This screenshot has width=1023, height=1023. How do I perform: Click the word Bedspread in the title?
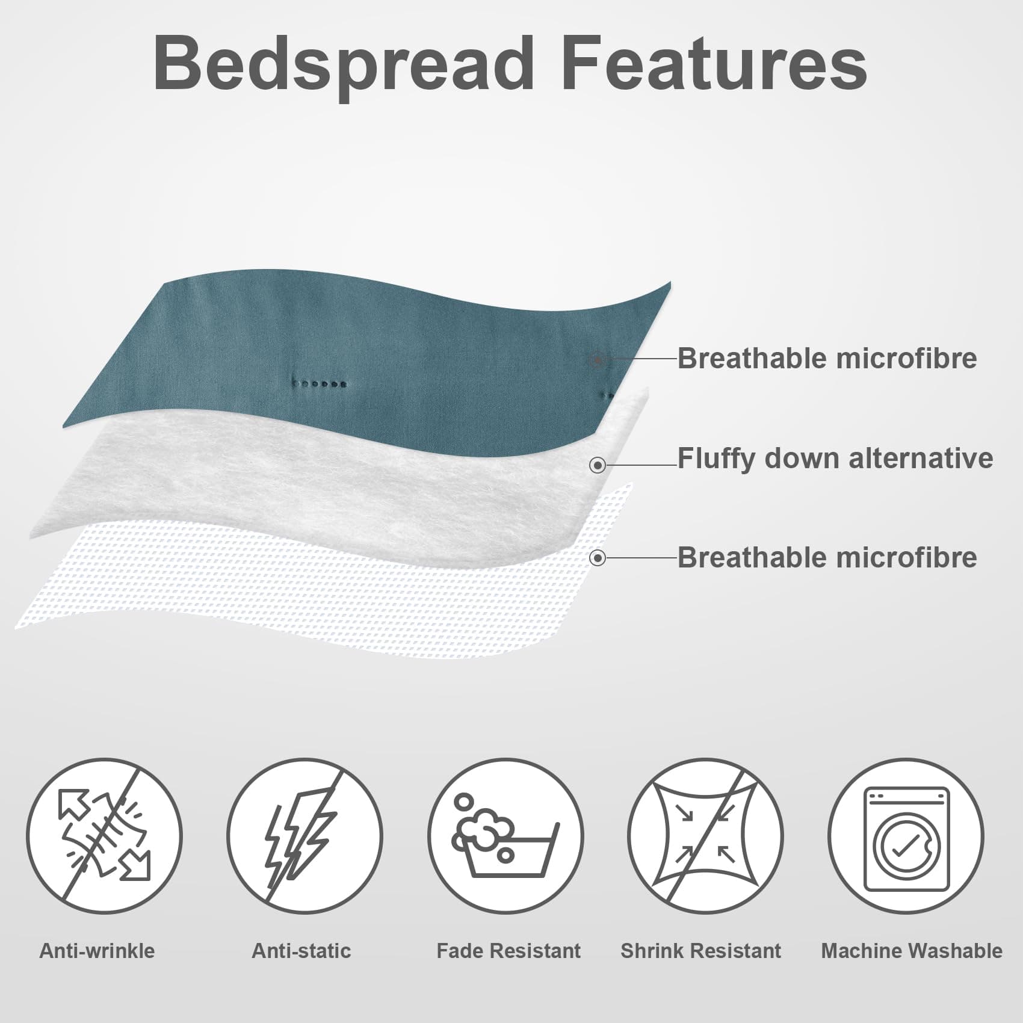point(344,65)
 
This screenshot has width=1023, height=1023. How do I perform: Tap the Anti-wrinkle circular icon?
point(104,836)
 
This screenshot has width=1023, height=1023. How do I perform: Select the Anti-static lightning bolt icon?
point(304,836)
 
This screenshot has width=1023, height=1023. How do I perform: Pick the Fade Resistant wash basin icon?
point(505,836)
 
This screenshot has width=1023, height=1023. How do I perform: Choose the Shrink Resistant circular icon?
point(705,836)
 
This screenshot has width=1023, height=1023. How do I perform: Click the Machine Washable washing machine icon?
point(906,836)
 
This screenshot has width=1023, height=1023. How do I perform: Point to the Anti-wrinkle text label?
point(97,951)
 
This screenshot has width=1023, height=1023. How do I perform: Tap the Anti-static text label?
point(301,951)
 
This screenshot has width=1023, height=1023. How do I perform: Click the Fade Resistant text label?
point(508,951)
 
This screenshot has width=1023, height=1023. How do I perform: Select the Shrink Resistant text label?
point(700,951)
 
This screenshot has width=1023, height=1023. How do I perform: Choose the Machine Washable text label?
point(912,951)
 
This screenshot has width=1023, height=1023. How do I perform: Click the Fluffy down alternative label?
point(835,459)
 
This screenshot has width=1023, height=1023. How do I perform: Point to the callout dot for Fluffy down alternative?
point(598,465)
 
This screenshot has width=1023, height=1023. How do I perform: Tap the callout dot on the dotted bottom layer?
point(598,558)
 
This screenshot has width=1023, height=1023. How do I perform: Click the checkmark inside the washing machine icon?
point(905,845)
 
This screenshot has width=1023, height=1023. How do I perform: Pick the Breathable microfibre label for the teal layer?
point(827,359)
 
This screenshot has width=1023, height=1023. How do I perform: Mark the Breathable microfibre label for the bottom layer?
point(827,558)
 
